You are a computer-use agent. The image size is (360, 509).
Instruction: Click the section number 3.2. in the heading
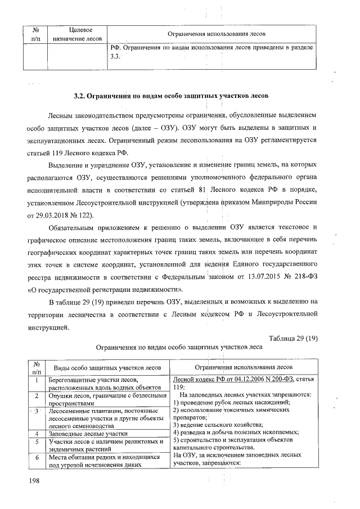[x=83, y=96]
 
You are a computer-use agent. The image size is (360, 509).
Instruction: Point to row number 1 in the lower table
[x=37, y=381]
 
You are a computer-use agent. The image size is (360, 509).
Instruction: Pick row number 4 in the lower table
[x=37, y=434]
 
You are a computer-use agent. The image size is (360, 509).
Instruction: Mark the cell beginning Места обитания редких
[x=107, y=461]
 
